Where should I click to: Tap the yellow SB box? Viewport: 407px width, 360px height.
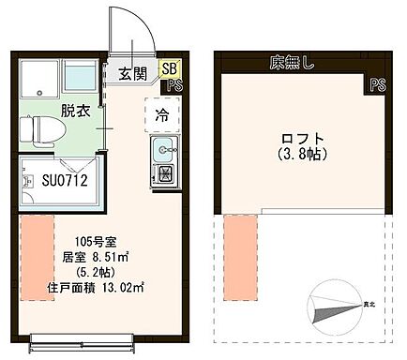tap(169, 68)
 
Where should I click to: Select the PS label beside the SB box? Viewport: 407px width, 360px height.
tap(174, 85)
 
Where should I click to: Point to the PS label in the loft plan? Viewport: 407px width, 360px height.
tap(377, 84)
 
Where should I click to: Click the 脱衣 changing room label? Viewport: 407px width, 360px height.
tap(76, 111)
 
